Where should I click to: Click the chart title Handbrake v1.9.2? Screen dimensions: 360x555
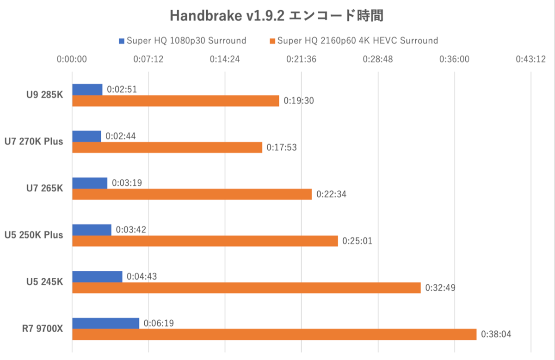(x=277, y=15)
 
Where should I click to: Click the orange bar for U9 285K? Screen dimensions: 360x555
(x=176, y=101)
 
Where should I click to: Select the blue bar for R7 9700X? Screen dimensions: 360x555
(x=105, y=323)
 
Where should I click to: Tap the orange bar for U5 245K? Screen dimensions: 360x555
(x=246, y=288)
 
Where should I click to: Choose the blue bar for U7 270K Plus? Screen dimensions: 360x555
(x=86, y=136)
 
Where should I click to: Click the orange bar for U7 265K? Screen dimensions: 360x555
(x=192, y=194)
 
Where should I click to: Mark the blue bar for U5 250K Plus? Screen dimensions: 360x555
(x=92, y=230)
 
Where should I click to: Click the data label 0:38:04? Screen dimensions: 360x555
(x=496, y=334)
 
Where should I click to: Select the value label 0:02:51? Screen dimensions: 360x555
(x=122, y=89)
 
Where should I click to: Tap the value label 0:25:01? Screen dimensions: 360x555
(x=357, y=241)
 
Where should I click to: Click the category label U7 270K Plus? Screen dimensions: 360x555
(x=33, y=141)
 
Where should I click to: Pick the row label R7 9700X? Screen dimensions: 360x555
(x=43, y=329)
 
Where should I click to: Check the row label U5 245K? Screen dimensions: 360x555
(x=45, y=282)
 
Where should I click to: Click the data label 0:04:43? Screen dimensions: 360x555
(x=142, y=276)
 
